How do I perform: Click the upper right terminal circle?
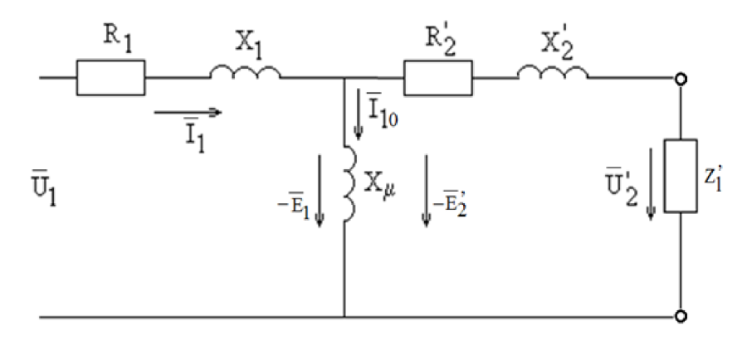click(681, 79)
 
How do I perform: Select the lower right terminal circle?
click(681, 317)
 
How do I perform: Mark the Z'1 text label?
click(712, 178)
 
